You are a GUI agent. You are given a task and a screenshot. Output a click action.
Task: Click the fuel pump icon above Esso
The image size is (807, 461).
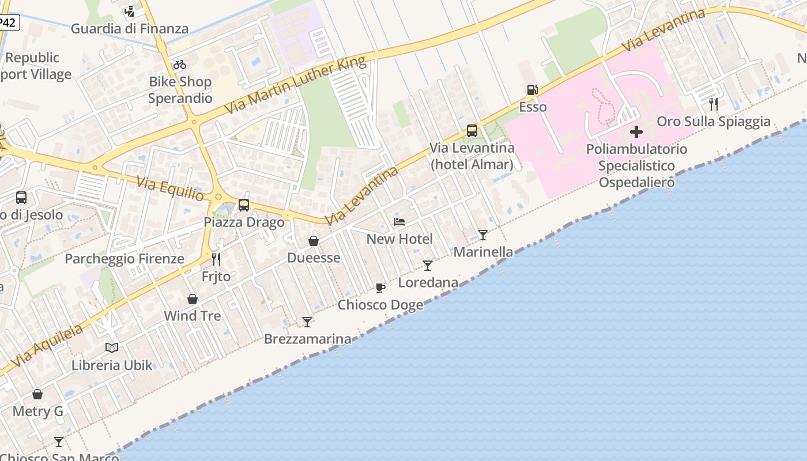pyautogui.click(x=532, y=90)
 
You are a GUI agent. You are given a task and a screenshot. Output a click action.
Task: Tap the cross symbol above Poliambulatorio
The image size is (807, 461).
pyautogui.click(x=636, y=132)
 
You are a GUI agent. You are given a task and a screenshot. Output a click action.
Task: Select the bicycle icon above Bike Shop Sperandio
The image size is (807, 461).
pyautogui.click(x=180, y=65)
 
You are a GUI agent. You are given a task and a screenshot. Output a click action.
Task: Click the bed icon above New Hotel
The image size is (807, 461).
pyautogui.click(x=399, y=222)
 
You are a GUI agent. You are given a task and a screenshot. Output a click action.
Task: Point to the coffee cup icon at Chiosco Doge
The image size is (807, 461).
pyautogui.click(x=380, y=288)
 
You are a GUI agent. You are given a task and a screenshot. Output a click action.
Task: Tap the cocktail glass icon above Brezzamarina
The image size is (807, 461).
pyautogui.click(x=307, y=322)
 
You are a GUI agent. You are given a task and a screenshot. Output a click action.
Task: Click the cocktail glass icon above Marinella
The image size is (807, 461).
pyautogui.click(x=483, y=235)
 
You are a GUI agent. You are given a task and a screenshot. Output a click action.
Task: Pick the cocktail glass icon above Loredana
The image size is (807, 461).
pyautogui.click(x=428, y=265)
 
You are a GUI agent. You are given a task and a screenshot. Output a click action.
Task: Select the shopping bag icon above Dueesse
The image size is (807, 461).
pyautogui.click(x=314, y=240)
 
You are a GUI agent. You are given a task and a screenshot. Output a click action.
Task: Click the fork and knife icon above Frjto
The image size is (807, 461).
pyautogui.click(x=216, y=259)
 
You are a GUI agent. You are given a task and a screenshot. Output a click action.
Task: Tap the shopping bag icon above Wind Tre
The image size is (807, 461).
pyautogui.click(x=193, y=299)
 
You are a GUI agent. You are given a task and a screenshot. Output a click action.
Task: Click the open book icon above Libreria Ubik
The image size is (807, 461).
pyautogui.click(x=112, y=347)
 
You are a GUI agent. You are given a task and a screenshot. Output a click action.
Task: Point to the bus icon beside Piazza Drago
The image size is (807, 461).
pyautogui.click(x=244, y=205)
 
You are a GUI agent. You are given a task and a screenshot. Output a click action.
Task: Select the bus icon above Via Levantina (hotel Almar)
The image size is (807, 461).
pyautogui.click(x=472, y=131)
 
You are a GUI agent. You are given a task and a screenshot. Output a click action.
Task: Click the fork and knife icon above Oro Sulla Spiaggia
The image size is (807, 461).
pyautogui.click(x=714, y=104)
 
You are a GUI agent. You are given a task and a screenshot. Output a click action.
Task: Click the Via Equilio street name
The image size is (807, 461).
pyautogui.click(x=170, y=189)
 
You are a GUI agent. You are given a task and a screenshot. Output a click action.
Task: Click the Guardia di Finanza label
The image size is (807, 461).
pyautogui.click(x=130, y=28)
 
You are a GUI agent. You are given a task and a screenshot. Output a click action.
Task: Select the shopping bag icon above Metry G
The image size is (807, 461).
pyautogui.click(x=37, y=394)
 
